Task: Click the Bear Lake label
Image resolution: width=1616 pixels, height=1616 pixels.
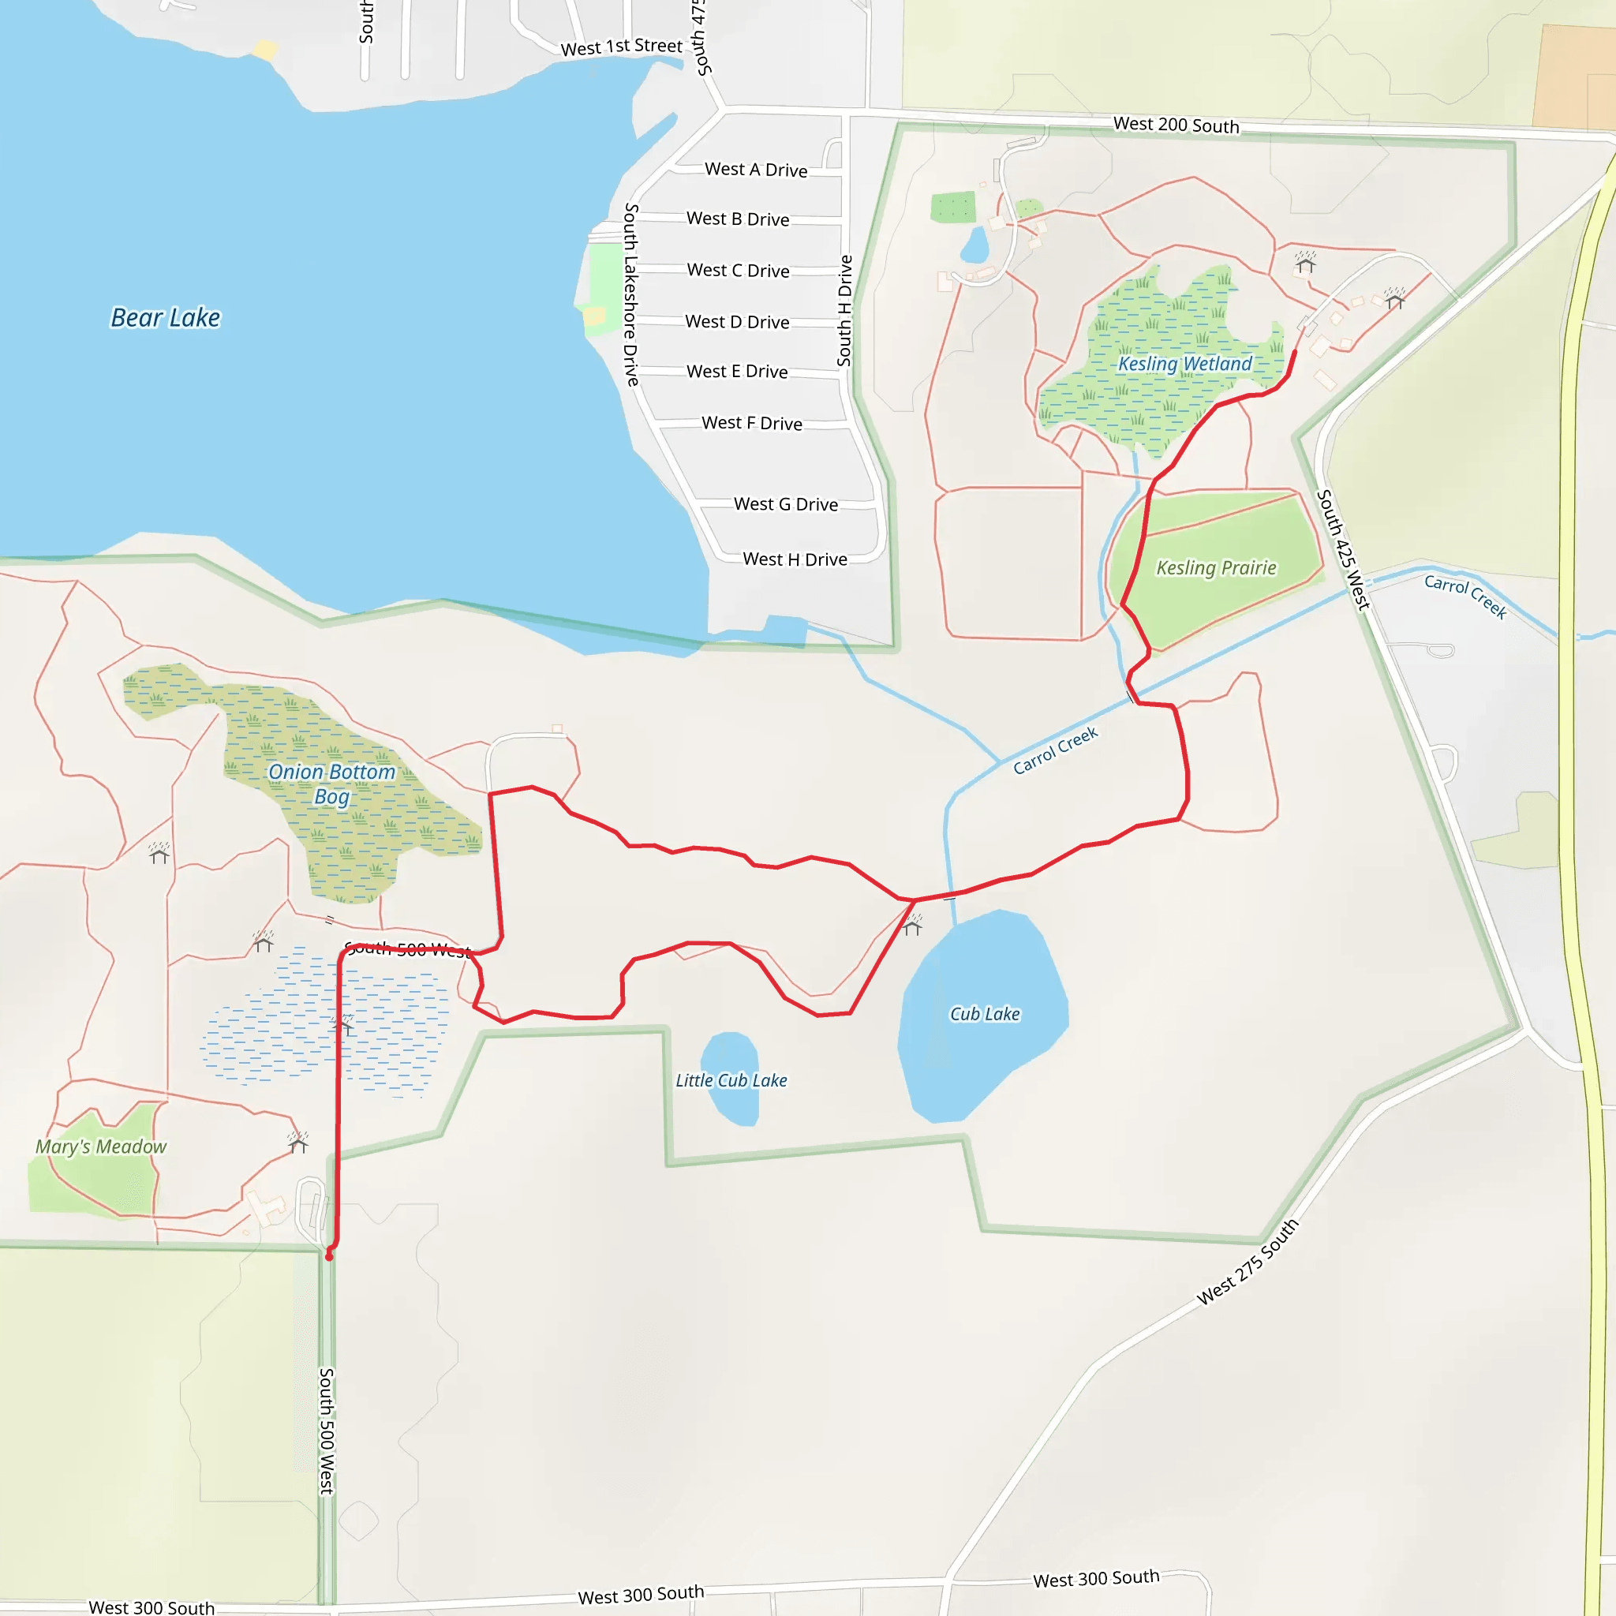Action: click(166, 318)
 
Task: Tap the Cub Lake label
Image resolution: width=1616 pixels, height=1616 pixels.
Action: click(985, 1014)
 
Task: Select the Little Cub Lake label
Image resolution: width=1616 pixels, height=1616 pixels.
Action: click(731, 1080)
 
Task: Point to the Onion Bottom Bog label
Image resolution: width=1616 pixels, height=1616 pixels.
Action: click(331, 784)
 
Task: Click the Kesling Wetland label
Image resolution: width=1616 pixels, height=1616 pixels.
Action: click(1184, 364)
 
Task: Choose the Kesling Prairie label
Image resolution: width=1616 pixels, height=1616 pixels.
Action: click(1215, 568)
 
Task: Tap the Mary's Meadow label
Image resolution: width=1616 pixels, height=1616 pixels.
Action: click(100, 1146)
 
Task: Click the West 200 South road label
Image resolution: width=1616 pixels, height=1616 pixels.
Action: click(1175, 125)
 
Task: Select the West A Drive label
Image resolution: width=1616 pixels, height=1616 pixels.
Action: click(755, 170)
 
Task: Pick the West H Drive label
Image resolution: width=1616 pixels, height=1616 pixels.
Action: click(795, 559)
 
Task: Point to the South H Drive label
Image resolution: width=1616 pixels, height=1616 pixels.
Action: click(845, 310)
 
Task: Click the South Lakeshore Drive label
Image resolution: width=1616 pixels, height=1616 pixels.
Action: click(631, 294)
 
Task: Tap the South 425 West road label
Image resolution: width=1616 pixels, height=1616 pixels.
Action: click(1342, 549)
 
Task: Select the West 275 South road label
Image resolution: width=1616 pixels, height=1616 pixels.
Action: click(1248, 1262)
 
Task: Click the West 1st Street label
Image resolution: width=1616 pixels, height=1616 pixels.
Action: click(622, 47)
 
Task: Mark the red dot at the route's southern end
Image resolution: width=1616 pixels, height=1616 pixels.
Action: click(329, 1256)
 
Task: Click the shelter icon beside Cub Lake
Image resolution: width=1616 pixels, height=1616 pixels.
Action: click(913, 925)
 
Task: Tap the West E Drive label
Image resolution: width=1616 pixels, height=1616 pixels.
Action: click(737, 372)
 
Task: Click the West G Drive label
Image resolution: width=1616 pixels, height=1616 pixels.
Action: click(785, 504)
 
